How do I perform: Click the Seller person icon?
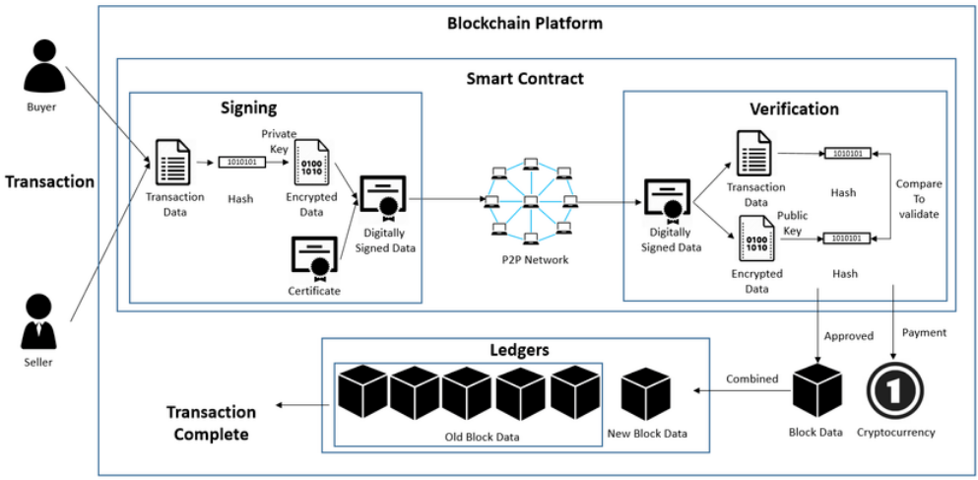(40, 322)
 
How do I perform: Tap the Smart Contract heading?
(525, 78)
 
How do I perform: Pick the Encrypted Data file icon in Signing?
(312, 161)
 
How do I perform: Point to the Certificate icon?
(314, 258)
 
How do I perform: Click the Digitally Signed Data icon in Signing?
(384, 200)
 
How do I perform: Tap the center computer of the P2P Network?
(530, 202)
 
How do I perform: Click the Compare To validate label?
(919, 199)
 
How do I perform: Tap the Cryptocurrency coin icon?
(895, 391)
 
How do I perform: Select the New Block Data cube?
(646, 395)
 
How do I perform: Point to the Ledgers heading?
(518, 350)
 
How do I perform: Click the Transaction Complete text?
(211, 423)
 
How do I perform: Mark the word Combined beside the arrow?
(751, 378)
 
